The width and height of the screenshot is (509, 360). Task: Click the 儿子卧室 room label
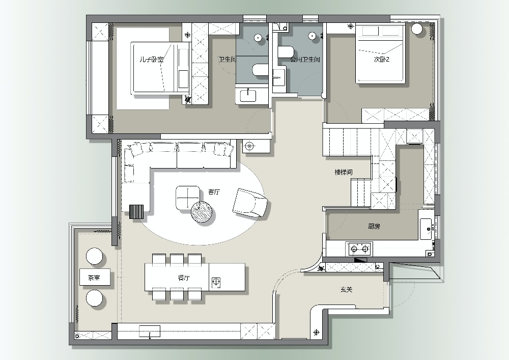[x=152, y=60]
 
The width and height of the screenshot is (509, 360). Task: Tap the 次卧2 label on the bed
[x=381, y=60]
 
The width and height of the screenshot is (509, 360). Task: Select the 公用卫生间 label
[x=305, y=60]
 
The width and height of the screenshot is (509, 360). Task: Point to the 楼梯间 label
[x=344, y=172]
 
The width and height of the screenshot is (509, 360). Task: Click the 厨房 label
[x=374, y=226]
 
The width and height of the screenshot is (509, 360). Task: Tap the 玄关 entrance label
[x=346, y=289]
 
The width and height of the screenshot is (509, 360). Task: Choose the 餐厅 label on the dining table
[x=184, y=278]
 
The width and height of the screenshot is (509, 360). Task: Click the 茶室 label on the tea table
[x=94, y=278]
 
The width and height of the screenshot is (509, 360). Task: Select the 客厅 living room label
[x=214, y=192]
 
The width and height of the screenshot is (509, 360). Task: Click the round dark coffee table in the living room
[x=202, y=212]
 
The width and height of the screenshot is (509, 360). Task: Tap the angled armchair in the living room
[x=251, y=203]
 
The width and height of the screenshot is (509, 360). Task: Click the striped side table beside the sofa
[x=136, y=212]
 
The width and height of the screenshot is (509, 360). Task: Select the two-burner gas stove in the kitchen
[x=360, y=249]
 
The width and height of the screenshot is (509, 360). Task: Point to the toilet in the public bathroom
[x=286, y=52]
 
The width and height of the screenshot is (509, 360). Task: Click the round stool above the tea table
[x=95, y=257]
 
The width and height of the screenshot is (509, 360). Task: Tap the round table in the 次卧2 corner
[x=417, y=29]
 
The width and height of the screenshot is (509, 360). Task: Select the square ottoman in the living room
[x=188, y=198]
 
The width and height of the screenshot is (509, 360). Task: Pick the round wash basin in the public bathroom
[x=313, y=36]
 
